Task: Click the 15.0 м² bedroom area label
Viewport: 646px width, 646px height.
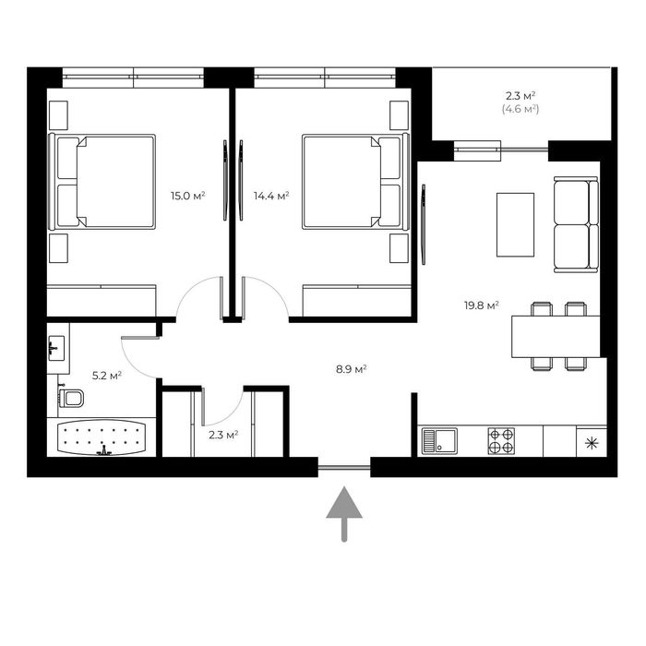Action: (x=188, y=196)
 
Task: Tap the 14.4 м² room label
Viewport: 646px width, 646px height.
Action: (x=271, y=196)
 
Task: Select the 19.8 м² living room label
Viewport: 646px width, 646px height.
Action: (x=482, y=305)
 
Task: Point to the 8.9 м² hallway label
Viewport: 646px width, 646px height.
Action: (x=351, y=369)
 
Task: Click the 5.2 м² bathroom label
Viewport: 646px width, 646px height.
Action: (x=107, y=376)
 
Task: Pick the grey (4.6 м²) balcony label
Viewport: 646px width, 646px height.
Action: (x=520, y=109)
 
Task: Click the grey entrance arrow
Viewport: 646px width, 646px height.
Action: (x=344, y=514)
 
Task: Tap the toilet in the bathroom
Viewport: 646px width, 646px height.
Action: (x=71, y=397)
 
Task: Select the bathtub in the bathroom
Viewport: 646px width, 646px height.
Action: (x=102, y=437)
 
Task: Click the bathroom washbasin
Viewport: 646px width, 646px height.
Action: (x=56, y=348)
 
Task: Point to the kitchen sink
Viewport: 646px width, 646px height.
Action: (x=439, y=441)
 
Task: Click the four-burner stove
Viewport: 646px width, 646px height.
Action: (x=501, y=441)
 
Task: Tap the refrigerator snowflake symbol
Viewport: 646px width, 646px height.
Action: (x=592, y=443)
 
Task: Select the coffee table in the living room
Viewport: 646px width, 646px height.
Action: (x=515, y=225)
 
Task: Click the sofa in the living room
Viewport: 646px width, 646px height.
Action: (x=576, y=224)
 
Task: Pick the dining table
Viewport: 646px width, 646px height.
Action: (x=556, y=337)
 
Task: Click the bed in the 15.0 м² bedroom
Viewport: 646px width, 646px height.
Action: (x=102, y=182)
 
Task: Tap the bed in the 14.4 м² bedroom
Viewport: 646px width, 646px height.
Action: (x=356, y=182)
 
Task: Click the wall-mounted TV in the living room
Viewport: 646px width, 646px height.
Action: (x=424, y=224)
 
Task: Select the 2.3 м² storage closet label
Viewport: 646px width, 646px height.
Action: (x=223, y=435)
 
